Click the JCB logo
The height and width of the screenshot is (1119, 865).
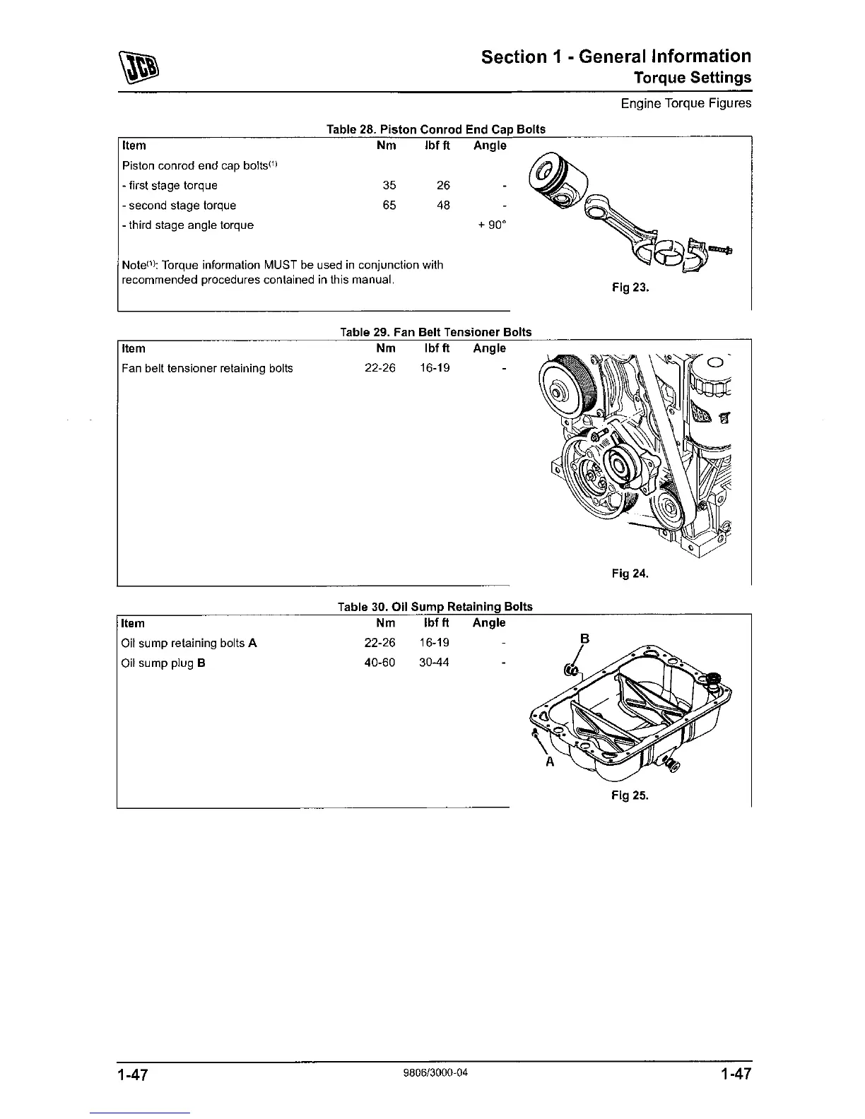pyautogui.click(x=141, y=66)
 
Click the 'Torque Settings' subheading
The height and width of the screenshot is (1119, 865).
pyautogui.click(x=692, y=77)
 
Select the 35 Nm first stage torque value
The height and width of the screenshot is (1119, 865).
pyautogui.click(x=389, y=186)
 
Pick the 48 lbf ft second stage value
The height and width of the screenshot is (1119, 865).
pyautogui.click(x=443, y=206)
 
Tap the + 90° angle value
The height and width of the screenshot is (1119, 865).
pyautogui.click(x=493, y=225)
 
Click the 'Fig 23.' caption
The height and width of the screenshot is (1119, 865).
pyautogui.click(x=630, y=288)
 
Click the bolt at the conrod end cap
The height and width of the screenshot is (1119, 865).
pyautogui.click(x=719, y=249)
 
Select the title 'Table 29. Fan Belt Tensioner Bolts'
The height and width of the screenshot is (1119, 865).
pyautogui.click(x=435, y=332)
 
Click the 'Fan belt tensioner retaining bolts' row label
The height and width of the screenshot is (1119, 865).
pyautogui.click(x=207, y=368)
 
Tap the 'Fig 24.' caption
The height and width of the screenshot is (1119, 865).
pyautogui.click(x=630, y=574)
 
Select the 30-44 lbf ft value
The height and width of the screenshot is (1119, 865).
pyautogui.click(x=433, y=663)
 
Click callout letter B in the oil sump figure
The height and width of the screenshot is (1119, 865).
pyautogui.click(x=584, y=639)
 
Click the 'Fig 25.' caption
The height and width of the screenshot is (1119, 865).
pyautogui.click(x=630, y=795)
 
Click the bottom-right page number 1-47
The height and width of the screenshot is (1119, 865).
pyautogui.click(x=735, y=1075)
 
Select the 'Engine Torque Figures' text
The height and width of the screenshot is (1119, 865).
pyautogui.click(x=685, y=104)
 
